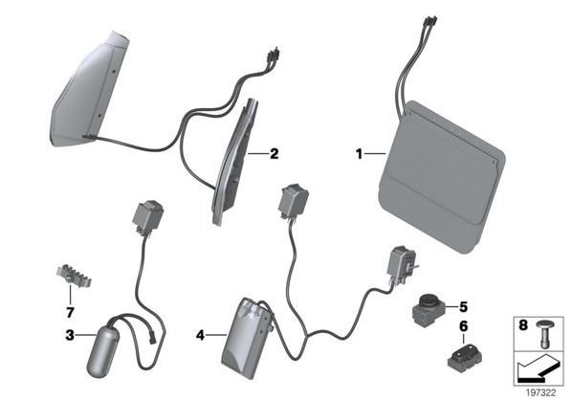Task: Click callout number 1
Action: pos(360,154)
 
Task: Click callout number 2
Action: pos(274,154)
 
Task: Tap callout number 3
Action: pos(70,335)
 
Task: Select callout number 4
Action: pos(200,335)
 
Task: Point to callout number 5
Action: pos(463,307)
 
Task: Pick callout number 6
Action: pos(463,326)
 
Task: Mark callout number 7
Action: pos(70,312)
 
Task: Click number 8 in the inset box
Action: pos(523,324)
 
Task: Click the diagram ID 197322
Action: pos(541,393)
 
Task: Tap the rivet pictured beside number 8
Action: pos(544,334)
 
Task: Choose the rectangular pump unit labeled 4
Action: pos(248,338)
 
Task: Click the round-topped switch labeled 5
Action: pos(429,309)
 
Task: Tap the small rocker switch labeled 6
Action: pos(464,357)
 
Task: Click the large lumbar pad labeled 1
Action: pos(442,177)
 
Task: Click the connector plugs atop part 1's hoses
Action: pos(430,21)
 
